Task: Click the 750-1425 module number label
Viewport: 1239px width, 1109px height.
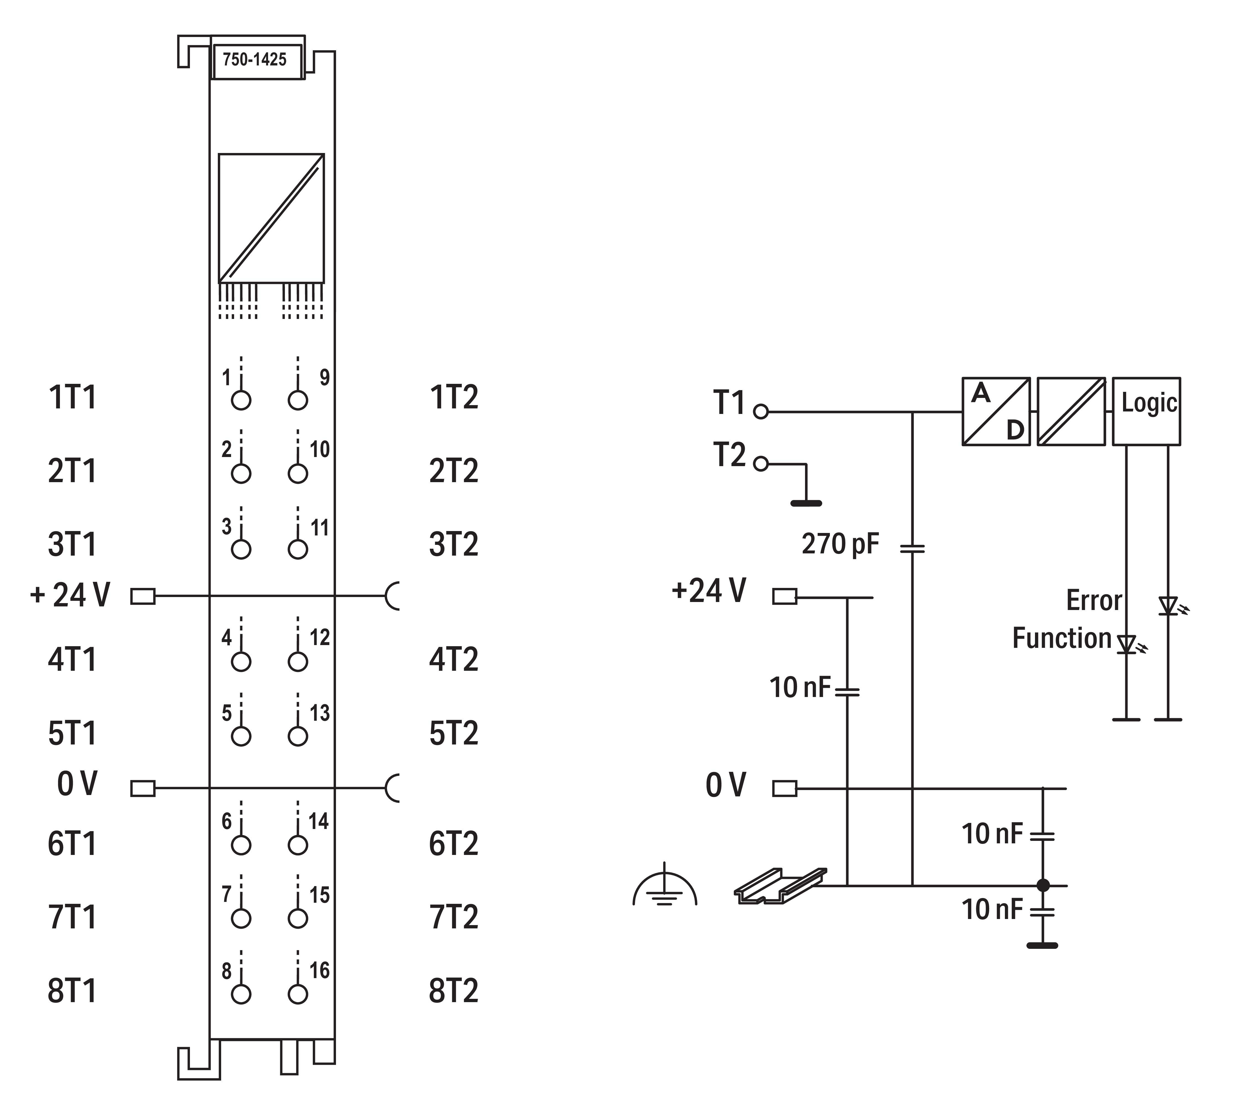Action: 255,60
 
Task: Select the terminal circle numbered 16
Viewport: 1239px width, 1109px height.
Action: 298,994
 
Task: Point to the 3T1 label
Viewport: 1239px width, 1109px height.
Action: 73,544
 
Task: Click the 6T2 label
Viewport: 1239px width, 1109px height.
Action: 454,844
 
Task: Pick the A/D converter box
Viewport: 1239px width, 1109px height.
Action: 996,411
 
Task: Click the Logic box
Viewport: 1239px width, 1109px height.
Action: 1147,411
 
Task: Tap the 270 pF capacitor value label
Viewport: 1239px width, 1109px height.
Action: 841,543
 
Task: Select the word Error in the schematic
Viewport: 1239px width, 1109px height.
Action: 1094,601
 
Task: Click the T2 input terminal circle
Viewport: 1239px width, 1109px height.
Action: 761,464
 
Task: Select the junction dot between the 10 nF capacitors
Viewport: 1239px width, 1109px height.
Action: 1044,885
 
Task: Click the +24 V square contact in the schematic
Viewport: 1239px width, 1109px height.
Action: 785,596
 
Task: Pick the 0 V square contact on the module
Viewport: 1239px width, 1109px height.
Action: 143,788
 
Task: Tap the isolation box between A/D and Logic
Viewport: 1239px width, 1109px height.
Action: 1071,411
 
